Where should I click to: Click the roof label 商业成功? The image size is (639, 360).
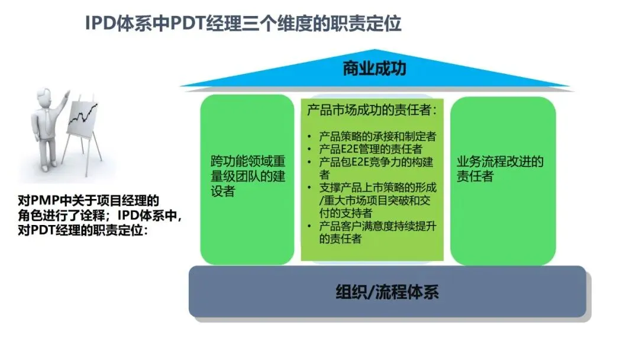click(375, 69)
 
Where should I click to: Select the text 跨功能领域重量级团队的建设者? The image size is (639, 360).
click(248, 176)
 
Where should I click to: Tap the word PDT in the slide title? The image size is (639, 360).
click(188, 24)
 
